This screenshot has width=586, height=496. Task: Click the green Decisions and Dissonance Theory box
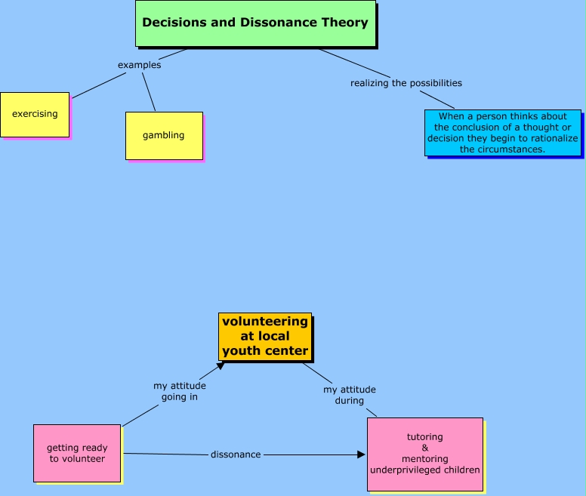(x=255, y=23)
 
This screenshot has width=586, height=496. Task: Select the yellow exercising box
(x=35, y=115)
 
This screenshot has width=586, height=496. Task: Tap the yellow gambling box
(x=164, y=136)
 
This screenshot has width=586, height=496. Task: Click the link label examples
(x=140, y=65)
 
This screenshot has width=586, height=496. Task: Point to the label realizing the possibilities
(x=406, y=83)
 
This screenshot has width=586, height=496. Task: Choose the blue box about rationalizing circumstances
(x=503, y=133)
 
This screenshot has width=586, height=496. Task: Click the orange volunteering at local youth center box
(x=265, y=337)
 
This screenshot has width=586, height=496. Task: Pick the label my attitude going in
(x=180, y=391)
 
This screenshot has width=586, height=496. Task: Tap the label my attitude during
(x=350, y=395)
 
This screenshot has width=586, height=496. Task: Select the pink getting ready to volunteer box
(x=77, y=453)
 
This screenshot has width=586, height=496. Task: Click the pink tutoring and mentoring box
(x=425, y=454)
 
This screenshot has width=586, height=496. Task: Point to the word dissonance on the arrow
(x=236, y=454)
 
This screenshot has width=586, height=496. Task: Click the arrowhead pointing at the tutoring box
(x=361, y=454)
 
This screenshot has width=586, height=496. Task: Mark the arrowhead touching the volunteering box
(x=221, y=365)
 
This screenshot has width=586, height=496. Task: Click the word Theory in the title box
(x=345, y=23)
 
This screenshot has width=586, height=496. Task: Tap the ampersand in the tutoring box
(x=425, y=448)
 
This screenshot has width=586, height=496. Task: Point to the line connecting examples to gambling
(x=149, y=92)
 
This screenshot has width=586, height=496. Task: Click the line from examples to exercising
(x=99, y=85)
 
